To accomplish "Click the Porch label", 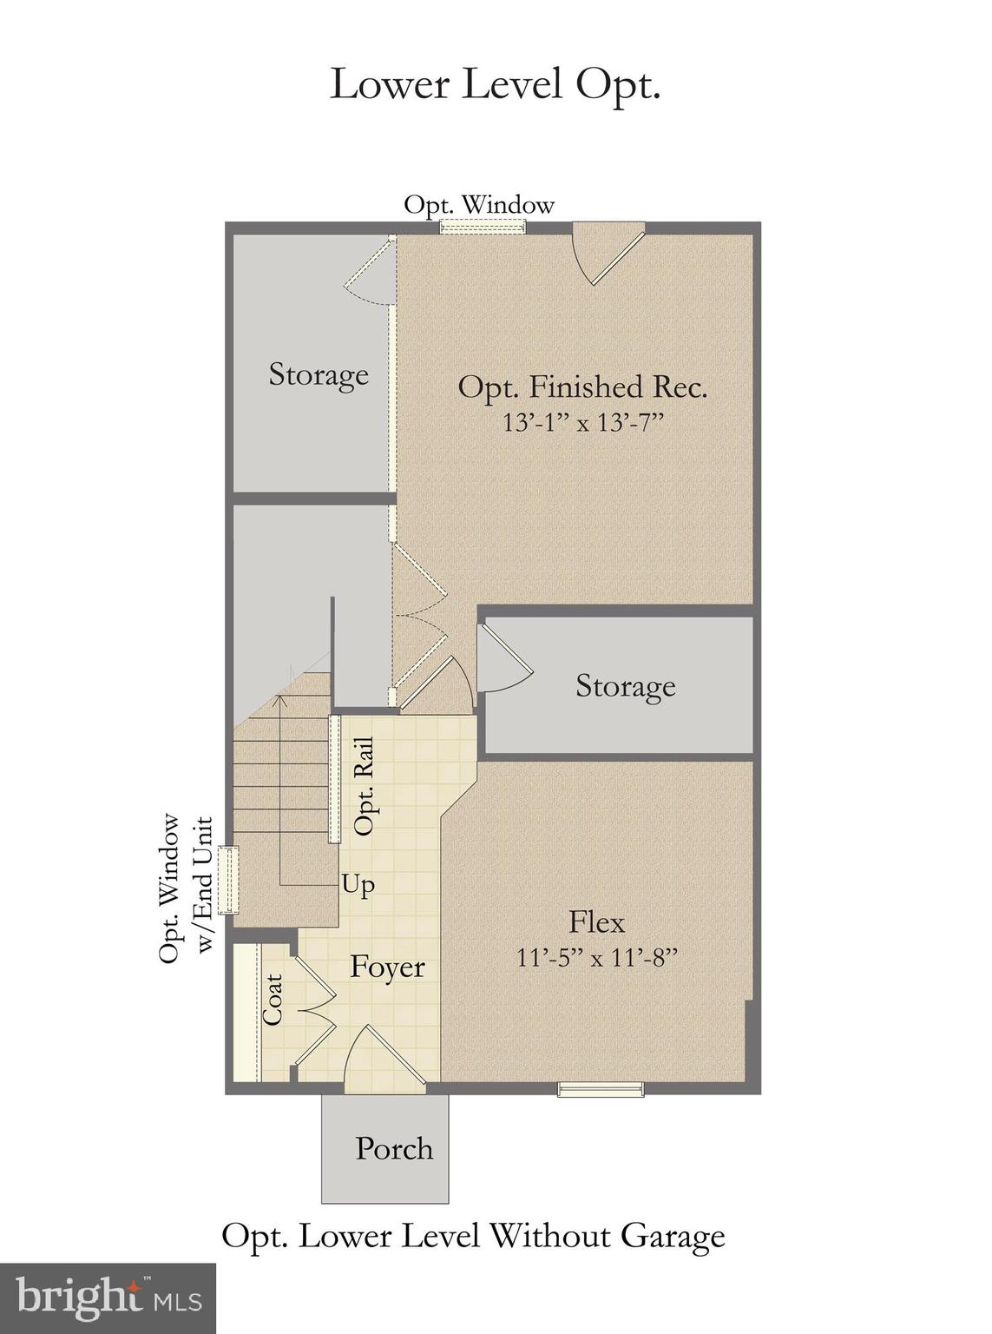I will [394, 1148].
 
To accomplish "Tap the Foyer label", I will [387, 967].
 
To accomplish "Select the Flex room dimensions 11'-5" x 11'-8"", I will [596, 958].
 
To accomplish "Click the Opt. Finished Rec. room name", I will [582, 386].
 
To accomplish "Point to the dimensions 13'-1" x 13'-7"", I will [582, 423].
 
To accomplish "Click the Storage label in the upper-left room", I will [319, 374].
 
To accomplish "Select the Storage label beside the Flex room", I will [625, 686].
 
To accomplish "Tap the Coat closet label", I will [273, 1000].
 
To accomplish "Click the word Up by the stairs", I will [358, 884].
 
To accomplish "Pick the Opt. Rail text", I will [365, 787].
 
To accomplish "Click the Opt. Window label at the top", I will [479, 205].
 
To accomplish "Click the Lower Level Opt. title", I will [495, 85].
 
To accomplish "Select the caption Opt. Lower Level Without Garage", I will [473, 1235].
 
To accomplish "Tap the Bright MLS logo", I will [108, 1298].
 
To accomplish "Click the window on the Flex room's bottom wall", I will [600, 1089].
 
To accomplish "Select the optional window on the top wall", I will [483, 228].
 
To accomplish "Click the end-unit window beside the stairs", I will [227, 880].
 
